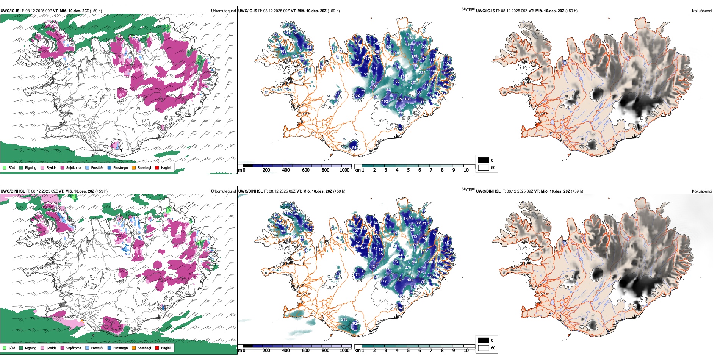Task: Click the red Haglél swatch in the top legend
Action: coord(157,167)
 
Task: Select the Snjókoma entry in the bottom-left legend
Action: coord(74,348)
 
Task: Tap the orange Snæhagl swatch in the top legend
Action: coord(134,167)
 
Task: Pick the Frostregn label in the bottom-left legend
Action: coord(121,348)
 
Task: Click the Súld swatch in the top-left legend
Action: coord(5,167)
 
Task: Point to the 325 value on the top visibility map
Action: coord(422,72)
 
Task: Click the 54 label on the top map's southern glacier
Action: coord(354,148)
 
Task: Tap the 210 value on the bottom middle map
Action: coord(344,319)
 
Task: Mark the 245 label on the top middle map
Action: coord(411,38)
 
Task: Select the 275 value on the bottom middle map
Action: coord(408,268)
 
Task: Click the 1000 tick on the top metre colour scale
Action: coord(344,170)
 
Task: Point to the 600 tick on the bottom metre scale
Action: coord(306,351)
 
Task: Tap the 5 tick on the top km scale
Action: coord(409,170)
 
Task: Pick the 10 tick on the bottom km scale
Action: coord(466,351)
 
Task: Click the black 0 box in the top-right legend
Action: coord(484,160)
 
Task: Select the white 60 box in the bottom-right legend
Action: coord(484,348)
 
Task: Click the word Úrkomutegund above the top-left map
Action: coord(223,11)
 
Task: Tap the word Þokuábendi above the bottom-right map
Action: coord(702,191)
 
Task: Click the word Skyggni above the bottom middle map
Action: coord(468,189)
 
